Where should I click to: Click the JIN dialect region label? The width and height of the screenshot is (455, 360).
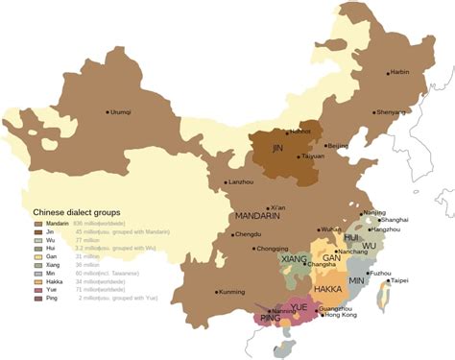pos(277,149)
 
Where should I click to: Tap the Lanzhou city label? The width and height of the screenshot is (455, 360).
pos(241,181)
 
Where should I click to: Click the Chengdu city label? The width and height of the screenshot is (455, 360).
pos(248,234)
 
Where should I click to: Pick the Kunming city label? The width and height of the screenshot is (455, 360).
pos(231,291)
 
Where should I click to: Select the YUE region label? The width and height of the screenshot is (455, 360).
pos(299,306)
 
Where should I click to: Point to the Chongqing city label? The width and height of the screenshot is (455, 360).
pos(274,249)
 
